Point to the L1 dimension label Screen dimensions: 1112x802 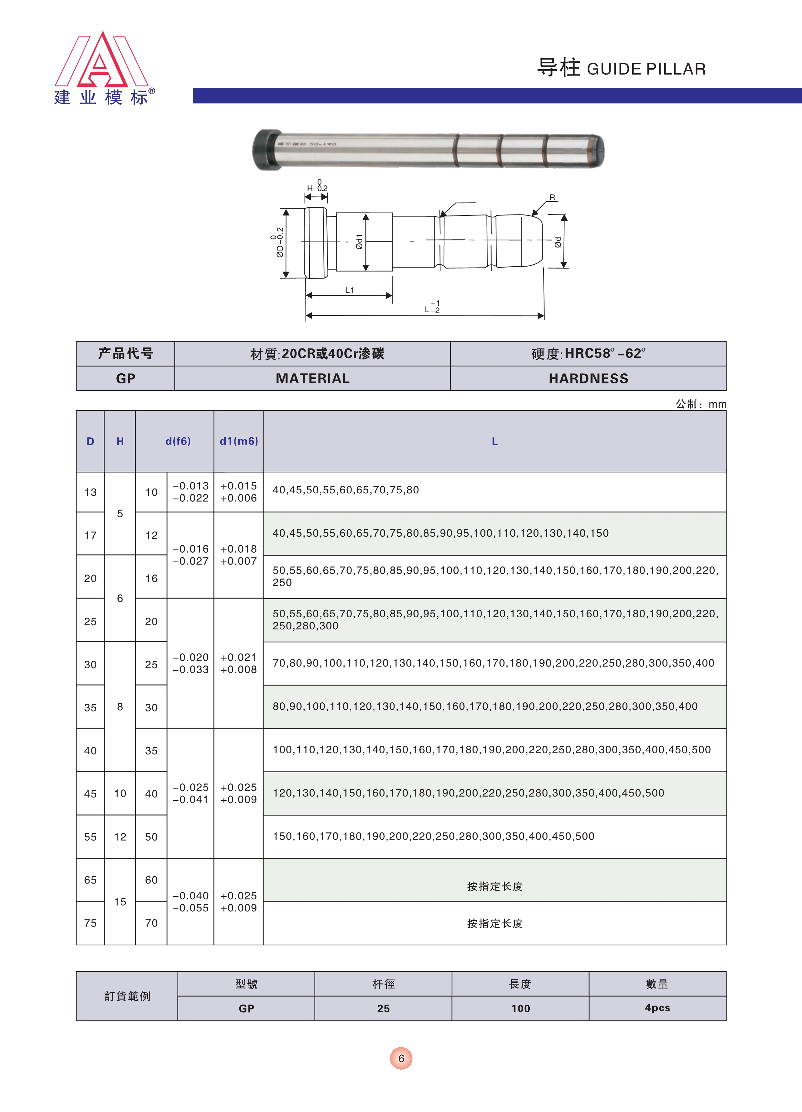tap(349, 290)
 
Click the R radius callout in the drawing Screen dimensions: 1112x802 tap(552, 198)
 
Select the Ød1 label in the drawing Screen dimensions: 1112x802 tap(359, 241)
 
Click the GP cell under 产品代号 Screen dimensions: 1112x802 tap(125, 379)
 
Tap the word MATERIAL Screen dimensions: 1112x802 tap(313, 379)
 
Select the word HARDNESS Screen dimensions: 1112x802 tap(588, 379)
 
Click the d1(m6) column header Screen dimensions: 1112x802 tap(239, 441)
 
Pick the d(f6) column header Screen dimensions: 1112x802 tap(178, 441)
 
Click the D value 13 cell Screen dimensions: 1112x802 tap(90, 492)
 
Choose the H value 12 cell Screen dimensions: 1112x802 tap(120, 837)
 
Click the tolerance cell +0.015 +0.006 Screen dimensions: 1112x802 tap(239, 492)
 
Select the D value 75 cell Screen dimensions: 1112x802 tap(90, 923)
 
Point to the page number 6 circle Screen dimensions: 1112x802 tap(401, 1059)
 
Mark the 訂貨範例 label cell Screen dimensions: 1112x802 tap(127, 996)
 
